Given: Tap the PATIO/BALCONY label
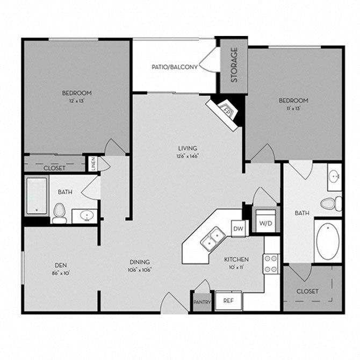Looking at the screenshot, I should tap(175, 67).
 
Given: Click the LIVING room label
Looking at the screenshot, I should tap(188, 148).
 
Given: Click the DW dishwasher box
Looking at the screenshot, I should tap(239, 229).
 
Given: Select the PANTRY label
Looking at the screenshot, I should tap(203, 302).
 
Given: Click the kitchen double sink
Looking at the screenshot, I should tap(213, 240).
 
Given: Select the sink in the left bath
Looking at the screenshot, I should tap(85, 216).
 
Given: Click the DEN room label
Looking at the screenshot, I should tap(60, 264).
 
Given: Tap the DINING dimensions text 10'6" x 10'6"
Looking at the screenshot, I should tap(139, 270).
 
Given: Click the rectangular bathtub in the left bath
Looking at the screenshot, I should tap(37, 195).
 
